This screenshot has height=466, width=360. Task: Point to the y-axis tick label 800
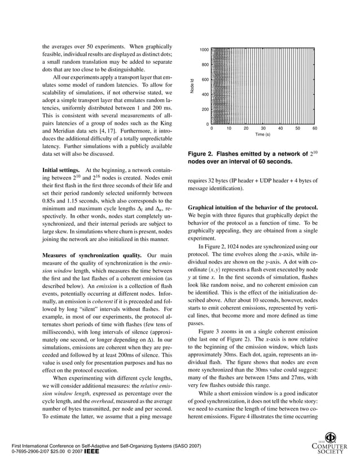coord(206,65)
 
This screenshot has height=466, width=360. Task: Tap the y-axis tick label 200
coord(206,109)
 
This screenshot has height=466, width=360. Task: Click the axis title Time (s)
coord(262,135)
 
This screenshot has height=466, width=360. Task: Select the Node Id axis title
coord(192,86)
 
